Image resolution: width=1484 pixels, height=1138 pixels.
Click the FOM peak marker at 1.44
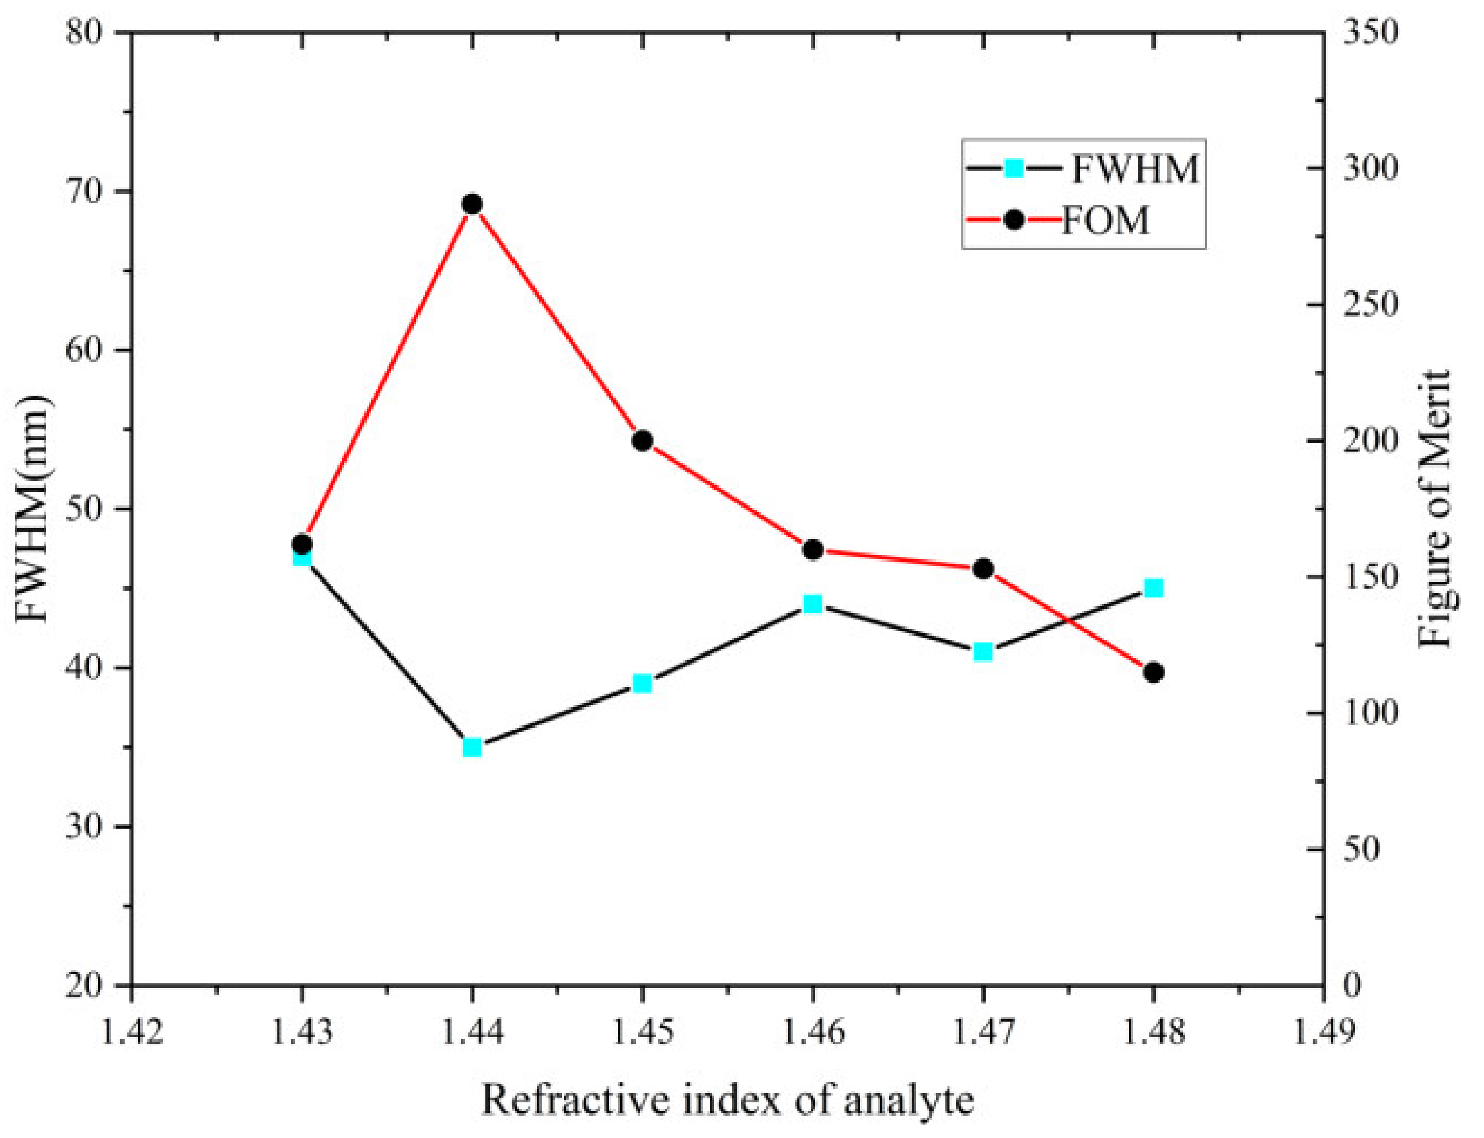point(472,204)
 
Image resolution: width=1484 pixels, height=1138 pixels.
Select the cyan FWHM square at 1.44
point(472,747)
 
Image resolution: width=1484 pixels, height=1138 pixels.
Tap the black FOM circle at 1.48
point(1153,672)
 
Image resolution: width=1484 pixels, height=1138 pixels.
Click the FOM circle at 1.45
point(642,440)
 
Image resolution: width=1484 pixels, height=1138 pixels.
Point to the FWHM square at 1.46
point(813,604)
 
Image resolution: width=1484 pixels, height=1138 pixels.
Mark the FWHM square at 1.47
point(983,652)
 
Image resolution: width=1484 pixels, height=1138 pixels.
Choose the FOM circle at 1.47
point(983,569)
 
